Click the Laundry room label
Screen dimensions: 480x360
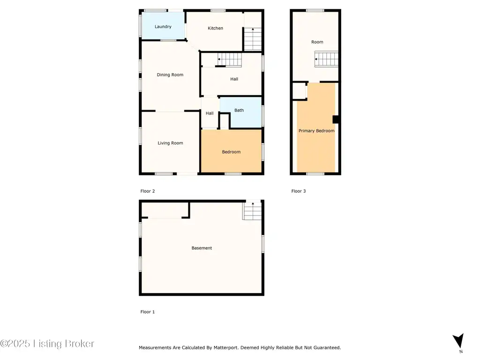(163, 27)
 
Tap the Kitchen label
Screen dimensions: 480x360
(215, 28)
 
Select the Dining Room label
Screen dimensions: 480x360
(170, 75)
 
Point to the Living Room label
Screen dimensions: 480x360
(170, 143)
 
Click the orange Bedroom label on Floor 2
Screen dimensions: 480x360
(231, 152)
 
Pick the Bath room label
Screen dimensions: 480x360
(239, 110)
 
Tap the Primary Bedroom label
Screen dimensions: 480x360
(316, 131)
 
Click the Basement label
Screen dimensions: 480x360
(202, 248)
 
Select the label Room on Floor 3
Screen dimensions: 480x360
(317, 42)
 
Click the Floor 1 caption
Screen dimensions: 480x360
(148, 312)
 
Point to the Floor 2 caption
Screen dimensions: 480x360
(148, 191)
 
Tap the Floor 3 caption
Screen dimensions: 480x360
(299, 191)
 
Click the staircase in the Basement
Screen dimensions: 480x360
(253, 210)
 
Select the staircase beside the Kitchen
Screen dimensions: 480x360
(253, 39)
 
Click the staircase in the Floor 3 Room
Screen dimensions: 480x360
(326, 59)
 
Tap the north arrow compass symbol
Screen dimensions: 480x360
(458, 340)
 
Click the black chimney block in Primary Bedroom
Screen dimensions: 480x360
(336, 120)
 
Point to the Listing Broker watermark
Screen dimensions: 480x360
(47, 344)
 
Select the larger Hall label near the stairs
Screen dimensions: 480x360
(234, 79)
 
